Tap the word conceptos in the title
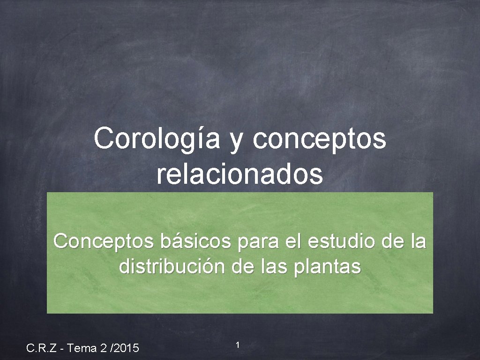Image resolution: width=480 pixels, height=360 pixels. pos(320,139)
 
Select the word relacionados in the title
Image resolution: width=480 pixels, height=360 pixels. pos(240,174)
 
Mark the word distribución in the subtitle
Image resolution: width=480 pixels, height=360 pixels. pos(172,267)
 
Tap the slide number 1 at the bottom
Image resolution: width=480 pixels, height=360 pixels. pos(238,345)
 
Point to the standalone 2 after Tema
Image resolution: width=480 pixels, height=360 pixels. pos(103,348)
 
